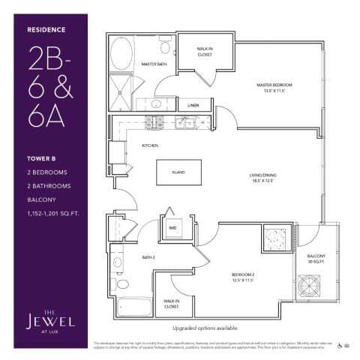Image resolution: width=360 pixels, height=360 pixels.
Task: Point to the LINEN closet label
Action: coord(193,106)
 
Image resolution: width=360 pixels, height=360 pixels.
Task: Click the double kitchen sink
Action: coord(187,121)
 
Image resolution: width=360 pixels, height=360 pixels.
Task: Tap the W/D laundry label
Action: coord(172,226)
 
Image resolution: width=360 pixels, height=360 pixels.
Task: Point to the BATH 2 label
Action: coord(148,257)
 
